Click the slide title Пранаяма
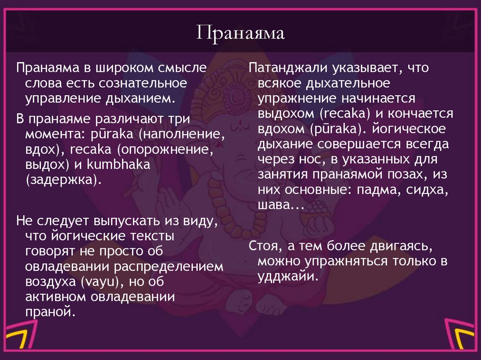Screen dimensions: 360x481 coord(240,34)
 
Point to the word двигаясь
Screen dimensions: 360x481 coord(399,247)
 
